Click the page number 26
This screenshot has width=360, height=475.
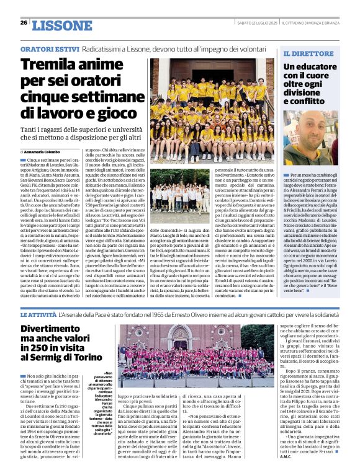pos(24,22)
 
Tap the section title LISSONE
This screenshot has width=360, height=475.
pos(61,25)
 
